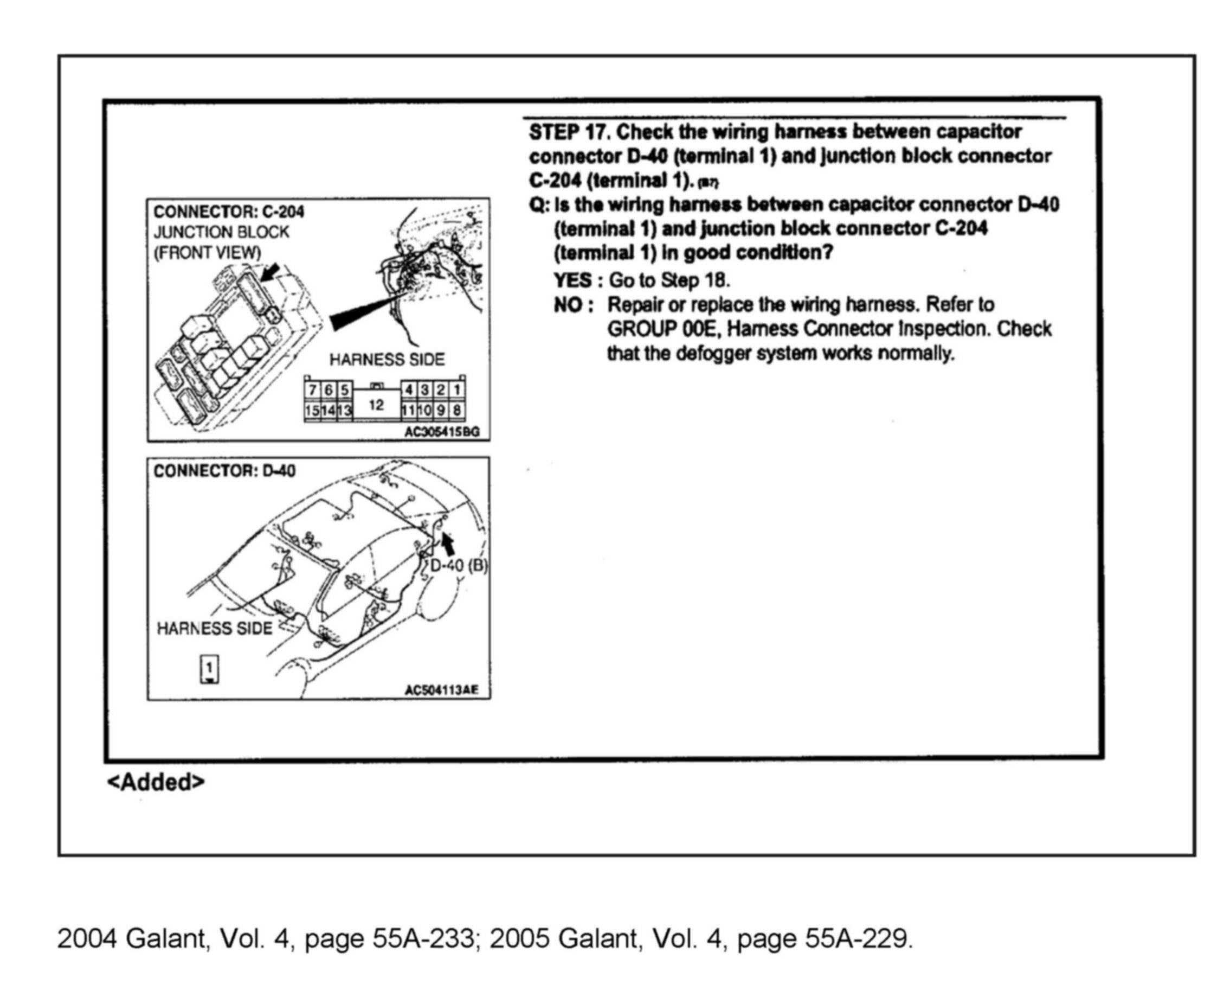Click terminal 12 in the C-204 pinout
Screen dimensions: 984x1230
click(376, 405)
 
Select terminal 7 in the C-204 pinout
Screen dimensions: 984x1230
click(312, 391)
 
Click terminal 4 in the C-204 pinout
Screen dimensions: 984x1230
click(409, 391)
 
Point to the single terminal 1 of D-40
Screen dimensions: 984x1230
click(209, 668)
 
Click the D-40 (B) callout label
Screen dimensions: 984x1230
click(459, 566)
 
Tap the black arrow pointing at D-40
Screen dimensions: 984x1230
click(448, 543)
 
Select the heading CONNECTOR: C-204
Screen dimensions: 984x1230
click(229, 212)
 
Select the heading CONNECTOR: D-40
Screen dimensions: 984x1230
click(224, 471)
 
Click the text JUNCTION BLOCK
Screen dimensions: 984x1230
click(221, 232)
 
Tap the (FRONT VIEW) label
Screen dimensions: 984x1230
click(207, 252)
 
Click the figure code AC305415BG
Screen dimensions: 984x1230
click(442, 432)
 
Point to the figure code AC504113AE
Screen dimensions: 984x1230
click(442, 691)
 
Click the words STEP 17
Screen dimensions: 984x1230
click(569, 132)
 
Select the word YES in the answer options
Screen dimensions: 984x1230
click(572, 280)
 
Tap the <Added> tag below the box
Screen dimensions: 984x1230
click(155, 782)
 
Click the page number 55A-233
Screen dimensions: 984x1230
click(423, 938)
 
